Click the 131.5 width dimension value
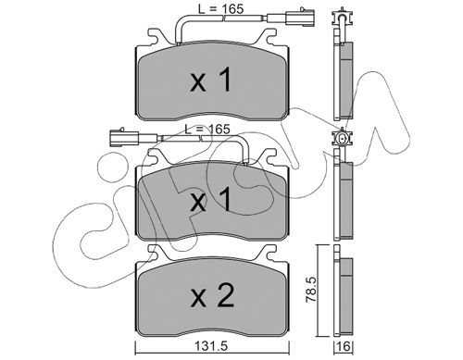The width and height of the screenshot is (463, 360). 211,346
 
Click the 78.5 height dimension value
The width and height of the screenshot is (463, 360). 311,290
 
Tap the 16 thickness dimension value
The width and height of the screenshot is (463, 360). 344,347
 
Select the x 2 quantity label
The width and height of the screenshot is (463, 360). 212,296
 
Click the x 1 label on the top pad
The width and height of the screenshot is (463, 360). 210,81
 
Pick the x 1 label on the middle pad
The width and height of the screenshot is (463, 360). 210,200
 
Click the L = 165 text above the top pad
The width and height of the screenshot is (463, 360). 220,9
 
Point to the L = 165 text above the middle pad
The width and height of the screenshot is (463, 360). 207,129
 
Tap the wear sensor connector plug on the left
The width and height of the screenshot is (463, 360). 124,137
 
